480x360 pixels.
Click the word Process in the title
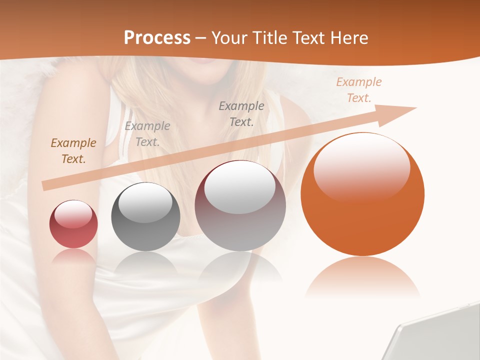157,38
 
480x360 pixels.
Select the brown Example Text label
73,151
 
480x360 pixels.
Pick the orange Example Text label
358,90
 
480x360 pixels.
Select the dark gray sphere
145,216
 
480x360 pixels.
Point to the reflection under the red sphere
73,256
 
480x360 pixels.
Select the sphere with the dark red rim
240,205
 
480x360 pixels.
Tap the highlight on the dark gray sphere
145,204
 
